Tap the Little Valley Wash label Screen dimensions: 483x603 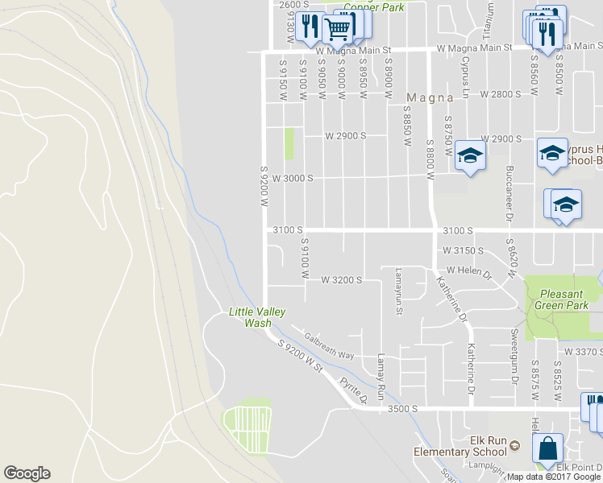257,317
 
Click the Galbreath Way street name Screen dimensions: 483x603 329,344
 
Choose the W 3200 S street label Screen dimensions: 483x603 342,280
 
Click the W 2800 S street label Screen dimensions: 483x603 501,94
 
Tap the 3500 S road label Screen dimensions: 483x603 402,409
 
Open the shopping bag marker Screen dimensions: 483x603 548,448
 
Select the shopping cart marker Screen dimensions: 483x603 338,29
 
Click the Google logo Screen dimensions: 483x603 27,473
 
